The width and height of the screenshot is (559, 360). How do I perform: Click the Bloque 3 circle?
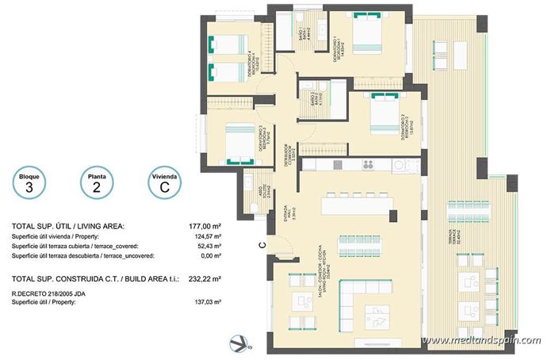click(29, 184)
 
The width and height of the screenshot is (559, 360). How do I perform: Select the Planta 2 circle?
click(97, 184)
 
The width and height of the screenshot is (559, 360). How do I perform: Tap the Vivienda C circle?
click(164, 184)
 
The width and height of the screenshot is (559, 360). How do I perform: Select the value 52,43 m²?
click(210, 247)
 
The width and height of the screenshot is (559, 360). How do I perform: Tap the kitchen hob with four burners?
click(368, 165)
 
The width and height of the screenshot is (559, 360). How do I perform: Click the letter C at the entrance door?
click(261, 247)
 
